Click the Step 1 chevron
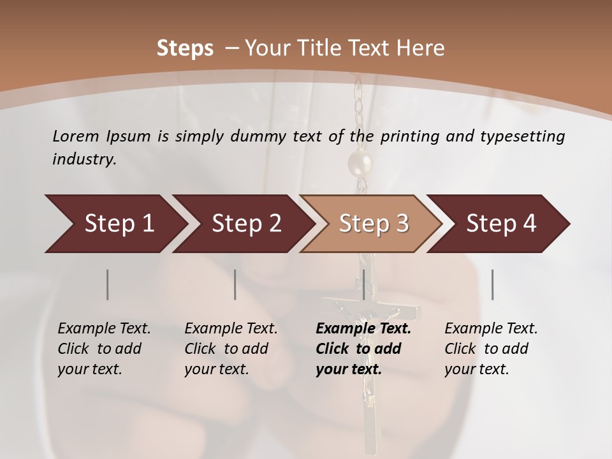(115, 224)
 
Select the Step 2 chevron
(245, 224)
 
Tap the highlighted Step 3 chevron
(373, 224)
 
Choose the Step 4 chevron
(500, 224)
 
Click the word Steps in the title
(185, 48)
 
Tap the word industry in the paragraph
(84, 159)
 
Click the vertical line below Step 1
(107, 284)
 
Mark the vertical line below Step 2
(235, 284)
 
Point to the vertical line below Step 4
(492, 284)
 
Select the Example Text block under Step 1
(104, 349)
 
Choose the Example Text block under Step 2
(231, 349)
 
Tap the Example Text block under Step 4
(491, 349)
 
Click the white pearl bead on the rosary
(360, 164)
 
